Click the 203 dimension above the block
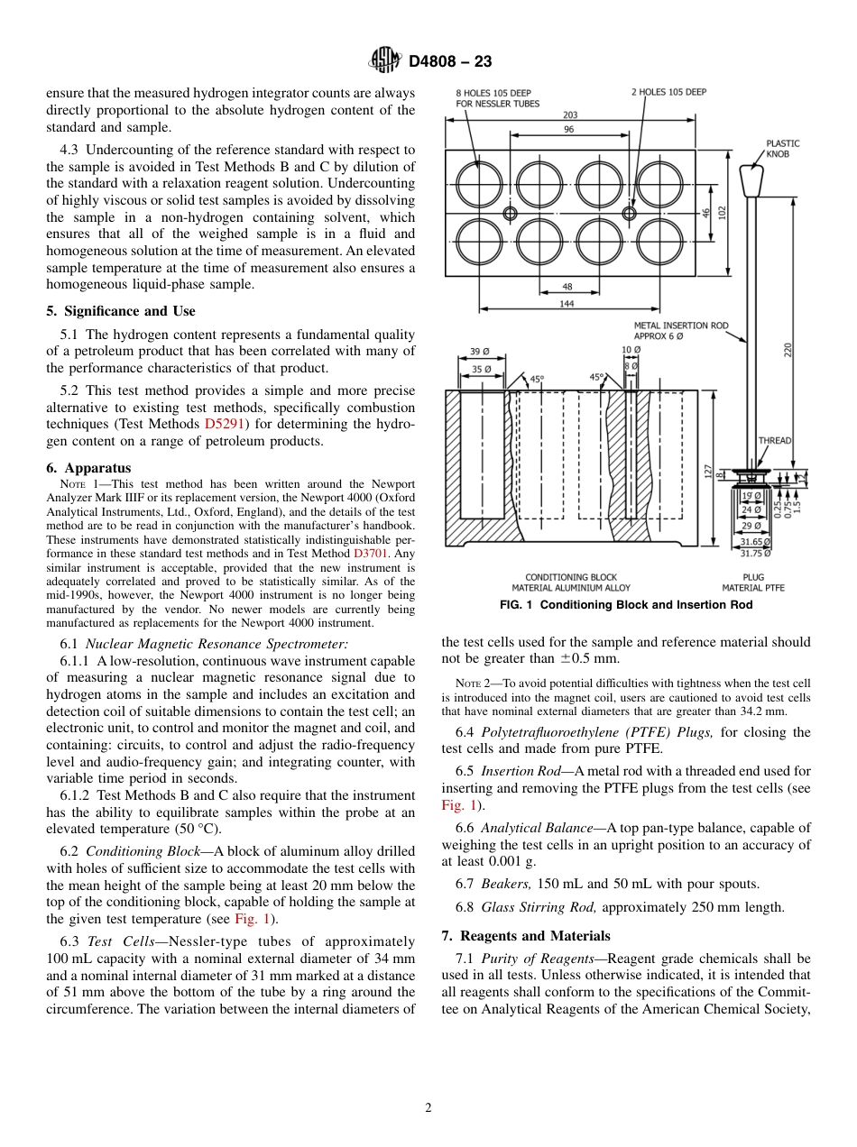pos(570,115)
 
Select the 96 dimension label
pos(570,130)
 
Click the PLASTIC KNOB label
pos(782,149)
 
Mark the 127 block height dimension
pos(707,471)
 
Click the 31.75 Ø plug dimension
pos(755,554)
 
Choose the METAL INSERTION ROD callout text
pos(695,330)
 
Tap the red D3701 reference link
pos(370,553)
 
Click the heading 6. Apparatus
pos(88,468)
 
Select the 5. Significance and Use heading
pos(120,311)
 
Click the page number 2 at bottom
pos(428,1108)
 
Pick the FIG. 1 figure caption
pos(625,605)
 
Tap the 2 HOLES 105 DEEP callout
pos(668,92)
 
